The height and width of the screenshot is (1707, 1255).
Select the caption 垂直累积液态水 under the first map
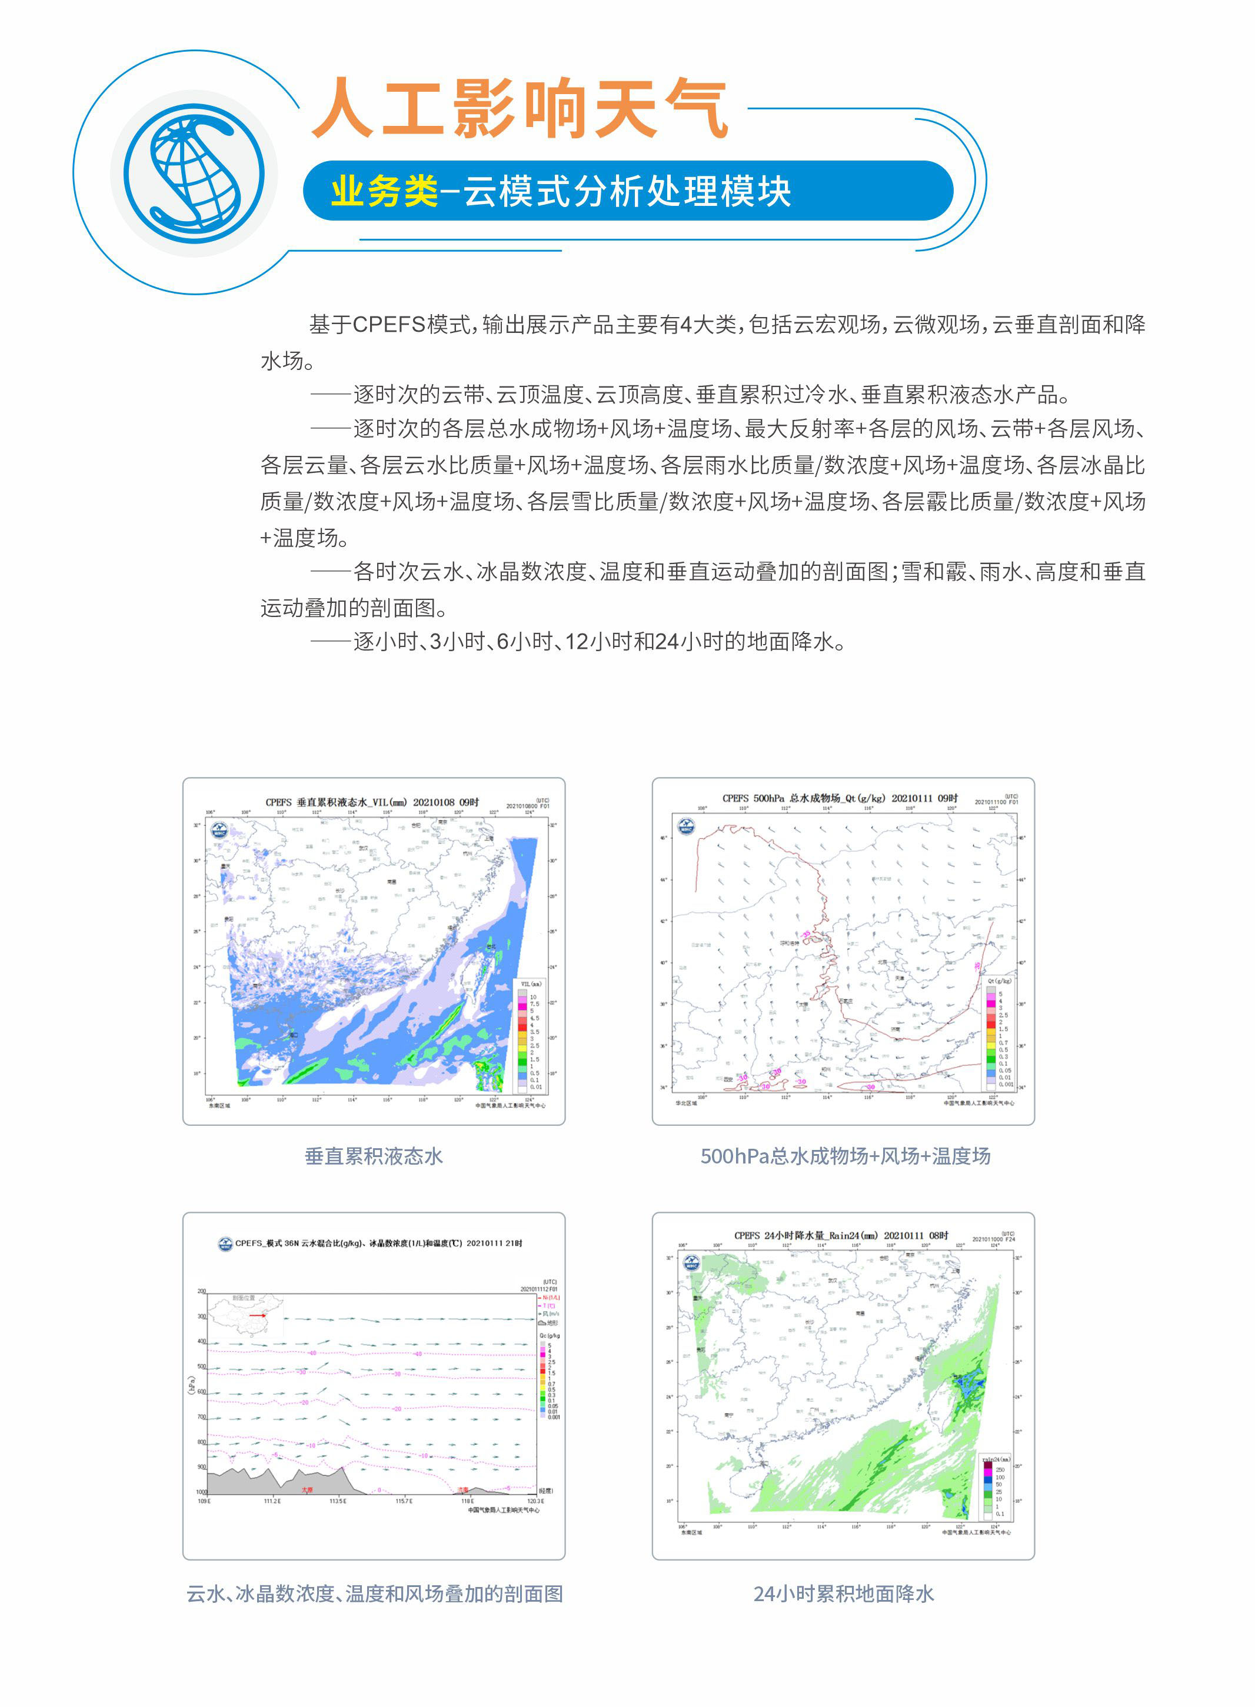point(374,1156)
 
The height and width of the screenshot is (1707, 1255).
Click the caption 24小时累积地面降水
point(843,1593)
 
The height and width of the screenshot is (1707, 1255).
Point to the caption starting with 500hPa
point(845,1156)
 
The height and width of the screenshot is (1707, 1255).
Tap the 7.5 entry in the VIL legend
point(534,1004)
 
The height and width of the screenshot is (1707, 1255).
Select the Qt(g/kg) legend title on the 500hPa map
point(999,981)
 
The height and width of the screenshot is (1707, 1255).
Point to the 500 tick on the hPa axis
point(202,1366)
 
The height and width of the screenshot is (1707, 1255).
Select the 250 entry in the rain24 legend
point(1000,1470)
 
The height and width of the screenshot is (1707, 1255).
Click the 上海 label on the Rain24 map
point(955,1271)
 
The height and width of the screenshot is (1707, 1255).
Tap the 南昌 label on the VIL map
point(391,882)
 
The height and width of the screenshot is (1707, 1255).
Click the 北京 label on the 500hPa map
point(882,961)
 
